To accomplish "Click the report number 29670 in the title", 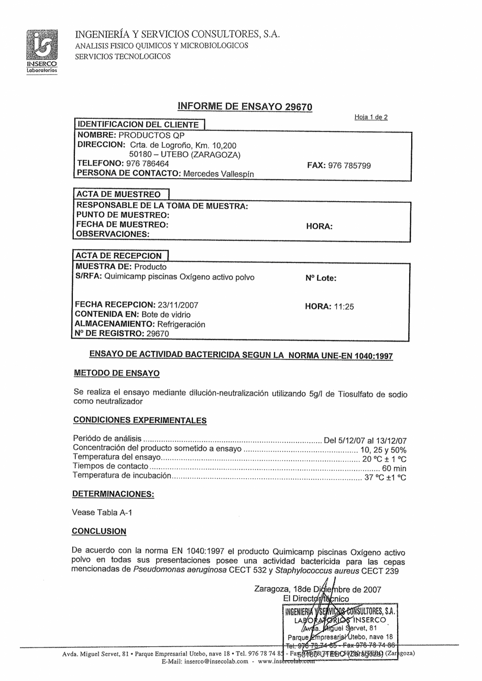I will [x=298, y=107].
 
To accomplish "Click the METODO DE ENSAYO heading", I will [x=116, y=373].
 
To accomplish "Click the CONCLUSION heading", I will [x=99, y=531].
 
